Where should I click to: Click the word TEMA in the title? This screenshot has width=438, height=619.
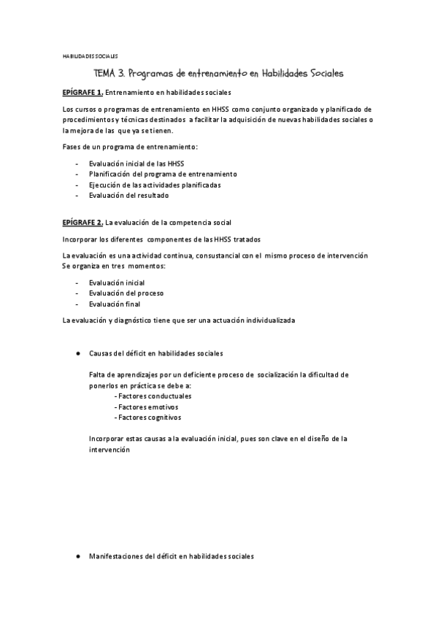click(x=104, y=74)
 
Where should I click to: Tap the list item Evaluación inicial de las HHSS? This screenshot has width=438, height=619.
click(x=137, y=164)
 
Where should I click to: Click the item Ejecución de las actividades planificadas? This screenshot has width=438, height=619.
click(x=155, y=185)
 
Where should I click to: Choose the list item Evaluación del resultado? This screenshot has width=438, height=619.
click(x=128, y=195)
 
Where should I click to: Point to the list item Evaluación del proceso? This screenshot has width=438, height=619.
click(x=126, y=293)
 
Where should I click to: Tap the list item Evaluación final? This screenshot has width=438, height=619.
click(x=115, y=304)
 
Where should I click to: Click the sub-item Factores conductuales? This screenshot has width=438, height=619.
click(x=150, y=396)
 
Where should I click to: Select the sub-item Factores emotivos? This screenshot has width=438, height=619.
click(x=146, y=407)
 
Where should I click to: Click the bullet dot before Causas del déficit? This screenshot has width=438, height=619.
click(x=77, y=353)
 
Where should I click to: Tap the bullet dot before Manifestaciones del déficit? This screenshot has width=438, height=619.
click(x=77, y=556)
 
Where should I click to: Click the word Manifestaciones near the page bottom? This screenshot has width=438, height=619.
click(x=115, y=556)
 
